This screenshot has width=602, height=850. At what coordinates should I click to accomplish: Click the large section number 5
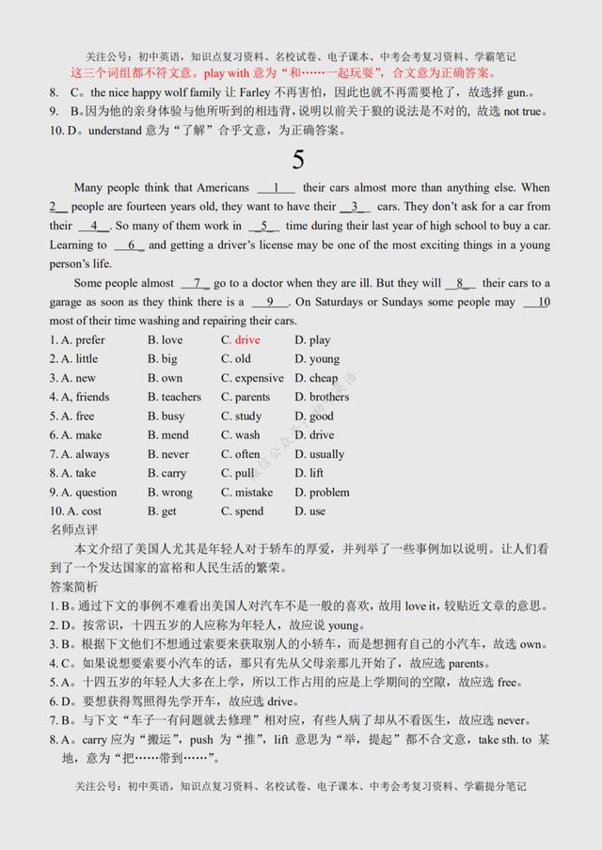(x=298, y=160)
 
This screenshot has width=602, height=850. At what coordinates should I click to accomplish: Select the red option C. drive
(x=241, y=339)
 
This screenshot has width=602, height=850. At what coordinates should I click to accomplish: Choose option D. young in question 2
(x=317, y=358)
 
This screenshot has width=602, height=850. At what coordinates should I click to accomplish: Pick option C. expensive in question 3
(x=252, y=378)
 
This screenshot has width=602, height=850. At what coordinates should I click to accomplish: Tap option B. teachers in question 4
(x=174, y=397)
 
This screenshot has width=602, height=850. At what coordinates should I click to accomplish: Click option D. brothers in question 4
(x=322, y=397)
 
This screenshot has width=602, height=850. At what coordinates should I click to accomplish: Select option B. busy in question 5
(x=166, y=416)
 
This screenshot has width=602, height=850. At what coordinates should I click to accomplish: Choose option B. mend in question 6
(x=167, y=435)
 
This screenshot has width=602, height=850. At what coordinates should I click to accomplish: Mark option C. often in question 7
(x=241, y=454)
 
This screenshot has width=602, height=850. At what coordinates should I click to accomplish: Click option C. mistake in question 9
(x=246, y=492)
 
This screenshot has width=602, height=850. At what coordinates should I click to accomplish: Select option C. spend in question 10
(x=243, y=511)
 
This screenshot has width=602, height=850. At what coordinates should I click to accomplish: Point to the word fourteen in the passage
(x=141, y=206)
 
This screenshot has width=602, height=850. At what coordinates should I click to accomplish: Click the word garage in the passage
(x=67, y=302)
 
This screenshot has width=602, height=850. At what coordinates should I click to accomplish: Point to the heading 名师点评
(x=72, y=529)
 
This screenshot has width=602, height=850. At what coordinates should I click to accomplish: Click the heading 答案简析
(x=72, y=587)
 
